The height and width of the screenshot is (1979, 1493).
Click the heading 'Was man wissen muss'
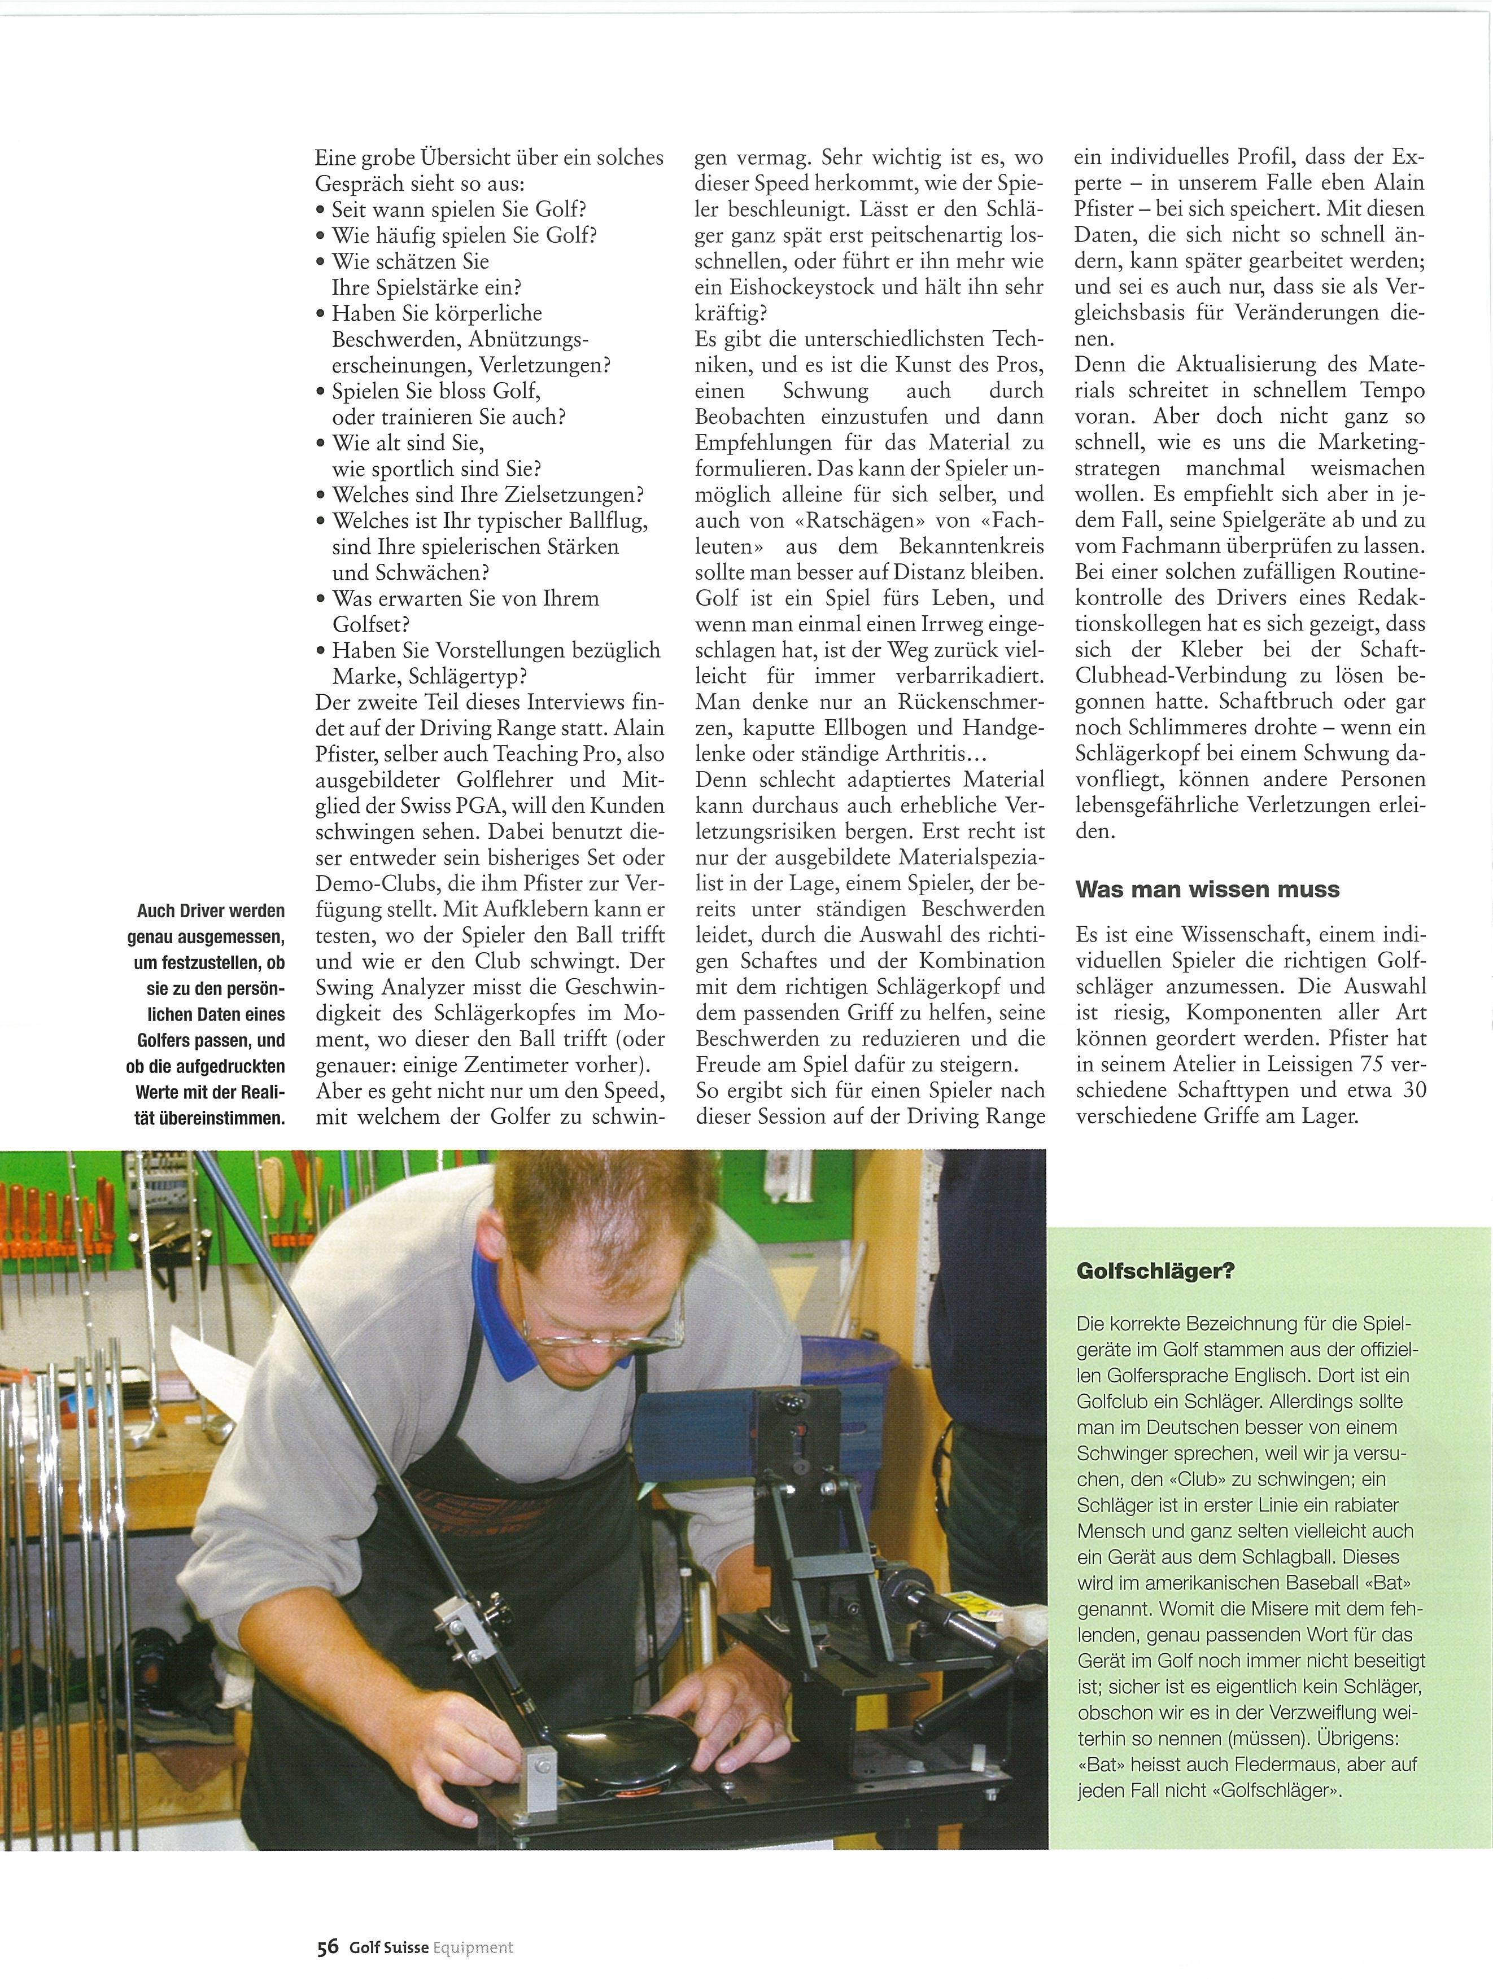pyautogui.click(x=1207, y=889)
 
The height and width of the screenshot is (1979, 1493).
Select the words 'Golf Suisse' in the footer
pyautogui.click(x=387, y=1947)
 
